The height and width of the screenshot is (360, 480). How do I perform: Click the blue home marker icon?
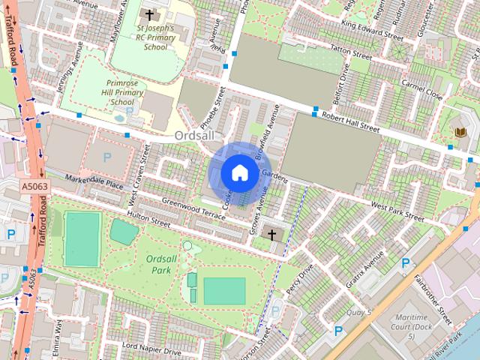pyautogui.click(x=239, y=172)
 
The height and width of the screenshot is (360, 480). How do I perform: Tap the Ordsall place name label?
pyautogui.click(x=195, y=136)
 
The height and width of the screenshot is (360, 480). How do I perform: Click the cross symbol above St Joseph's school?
pyautogui.click(x=149, y=14)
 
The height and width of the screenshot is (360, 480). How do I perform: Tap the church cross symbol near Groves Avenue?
pyautogui.click(x=271, y=235)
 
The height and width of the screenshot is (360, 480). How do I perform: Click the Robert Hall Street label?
pyautogui.click(x=351, y=122)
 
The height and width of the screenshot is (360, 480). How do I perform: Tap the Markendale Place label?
pyautogui.click(x=94, y=182)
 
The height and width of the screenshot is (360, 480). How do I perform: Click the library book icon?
pyautogui.click(x=460, y=133)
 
